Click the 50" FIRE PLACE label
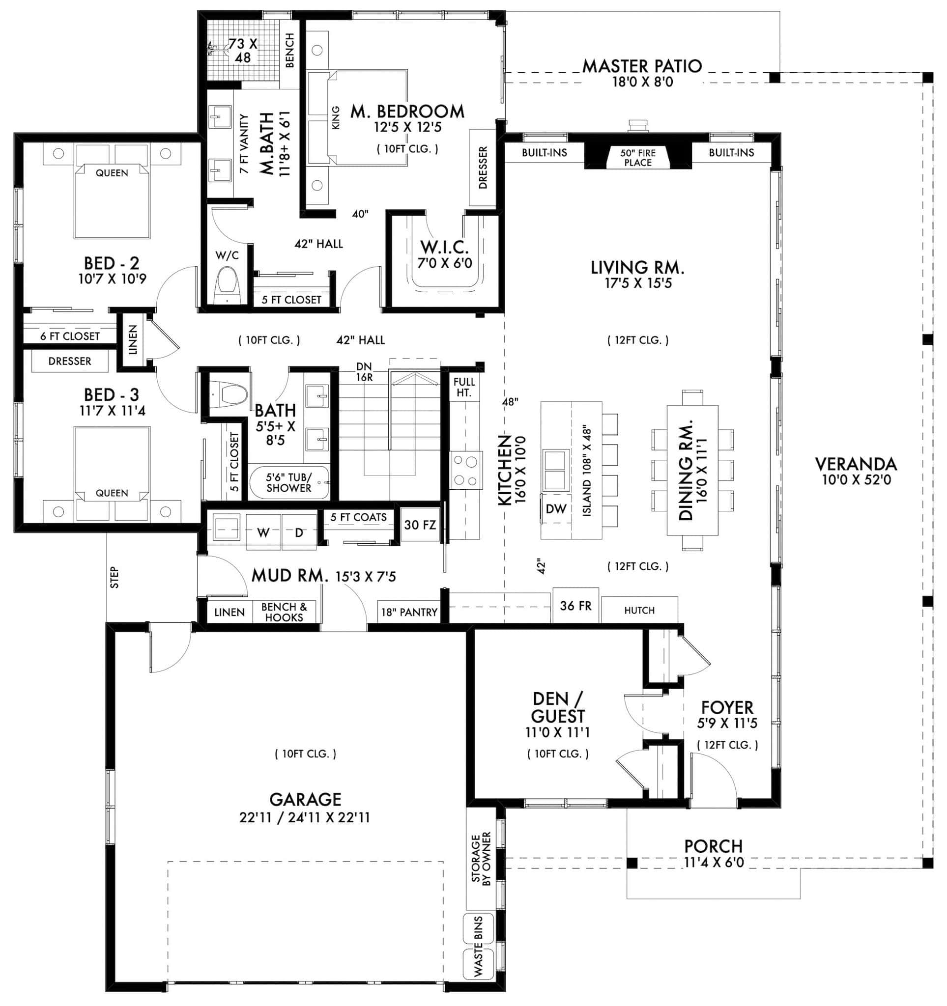(x=637, y=157)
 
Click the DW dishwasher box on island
(x=556, y=509)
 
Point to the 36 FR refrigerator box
(x=575, y=606)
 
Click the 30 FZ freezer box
(x=420, y=525)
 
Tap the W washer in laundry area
(x=263, y=533)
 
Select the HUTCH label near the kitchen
(x=639, y=610)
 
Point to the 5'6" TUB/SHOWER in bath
(x=289, y=483)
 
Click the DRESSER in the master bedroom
(x=483, y=168)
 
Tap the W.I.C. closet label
(x=444, y=248)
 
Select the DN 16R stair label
(x=364, y=371)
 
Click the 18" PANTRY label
(x=409, y=613)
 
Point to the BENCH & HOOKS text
(x=284, y=612)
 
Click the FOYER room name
(x=727, y=707)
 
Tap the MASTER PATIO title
(x=642, y=66)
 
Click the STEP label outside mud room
(x=115, y=577)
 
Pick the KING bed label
(x=335, y=118)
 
